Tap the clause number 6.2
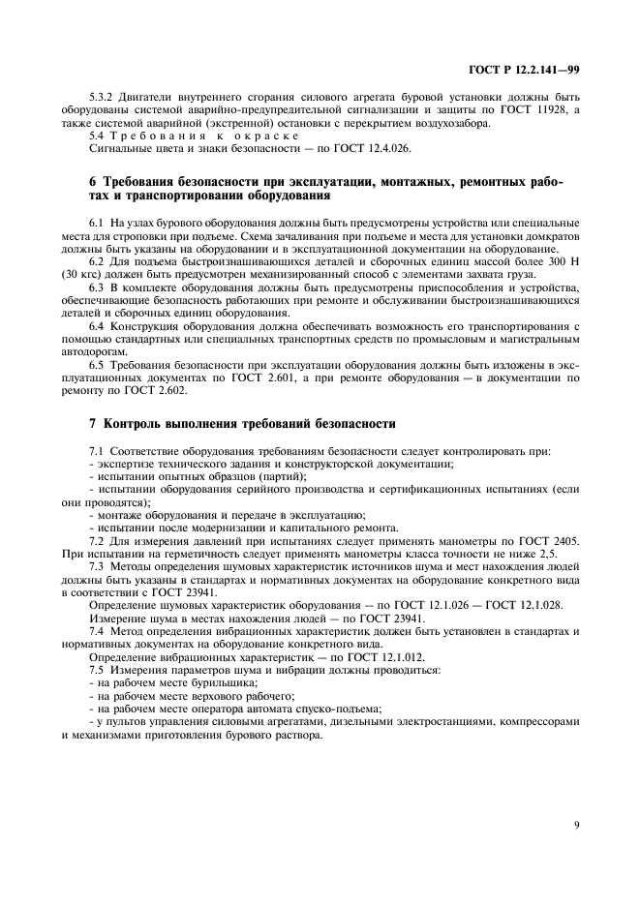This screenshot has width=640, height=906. (98, 261)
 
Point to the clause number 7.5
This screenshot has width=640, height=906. (98, 669)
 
